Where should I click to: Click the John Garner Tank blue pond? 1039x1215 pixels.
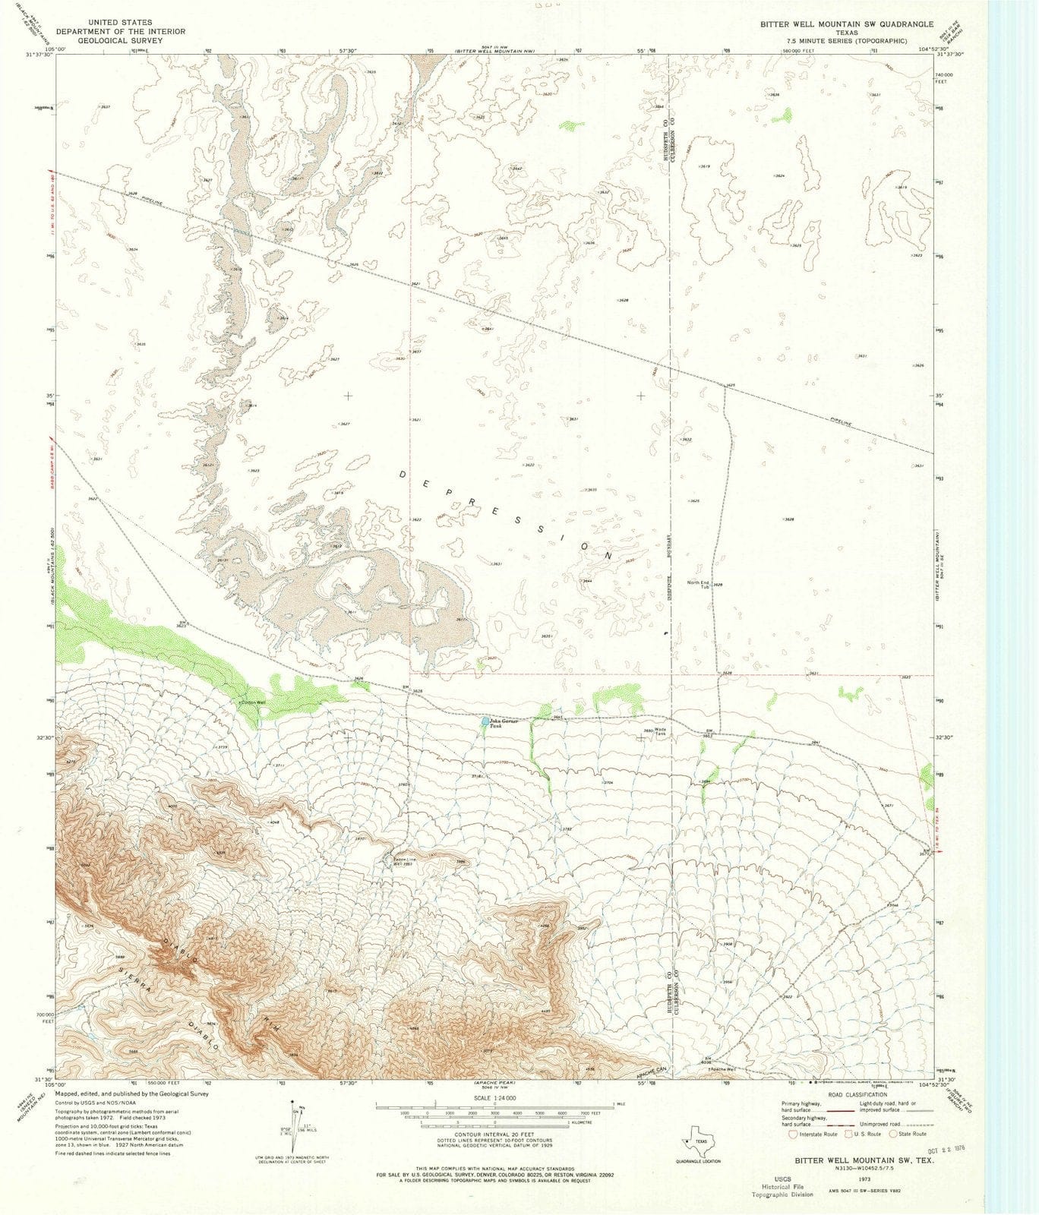click(x=485, y=721)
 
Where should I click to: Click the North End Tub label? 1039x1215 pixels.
click(x=699, y=584)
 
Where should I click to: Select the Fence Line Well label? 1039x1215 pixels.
click(x=406, y=861)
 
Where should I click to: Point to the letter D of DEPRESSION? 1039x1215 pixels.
click(x=403, y=474)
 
